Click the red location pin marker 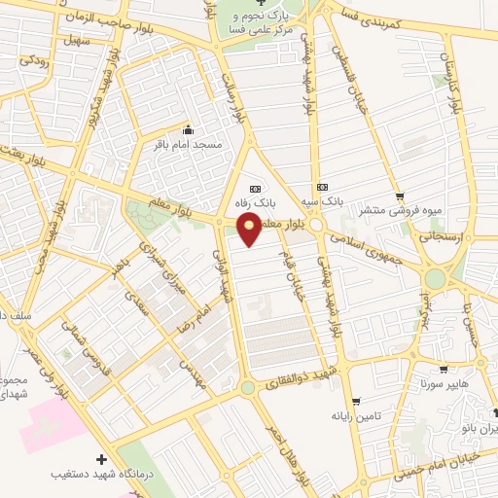[250, 229]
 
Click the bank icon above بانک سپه [323, 188]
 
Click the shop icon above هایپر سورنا [444, 369]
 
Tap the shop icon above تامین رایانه [356, 400]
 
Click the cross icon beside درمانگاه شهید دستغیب [102, 458]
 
